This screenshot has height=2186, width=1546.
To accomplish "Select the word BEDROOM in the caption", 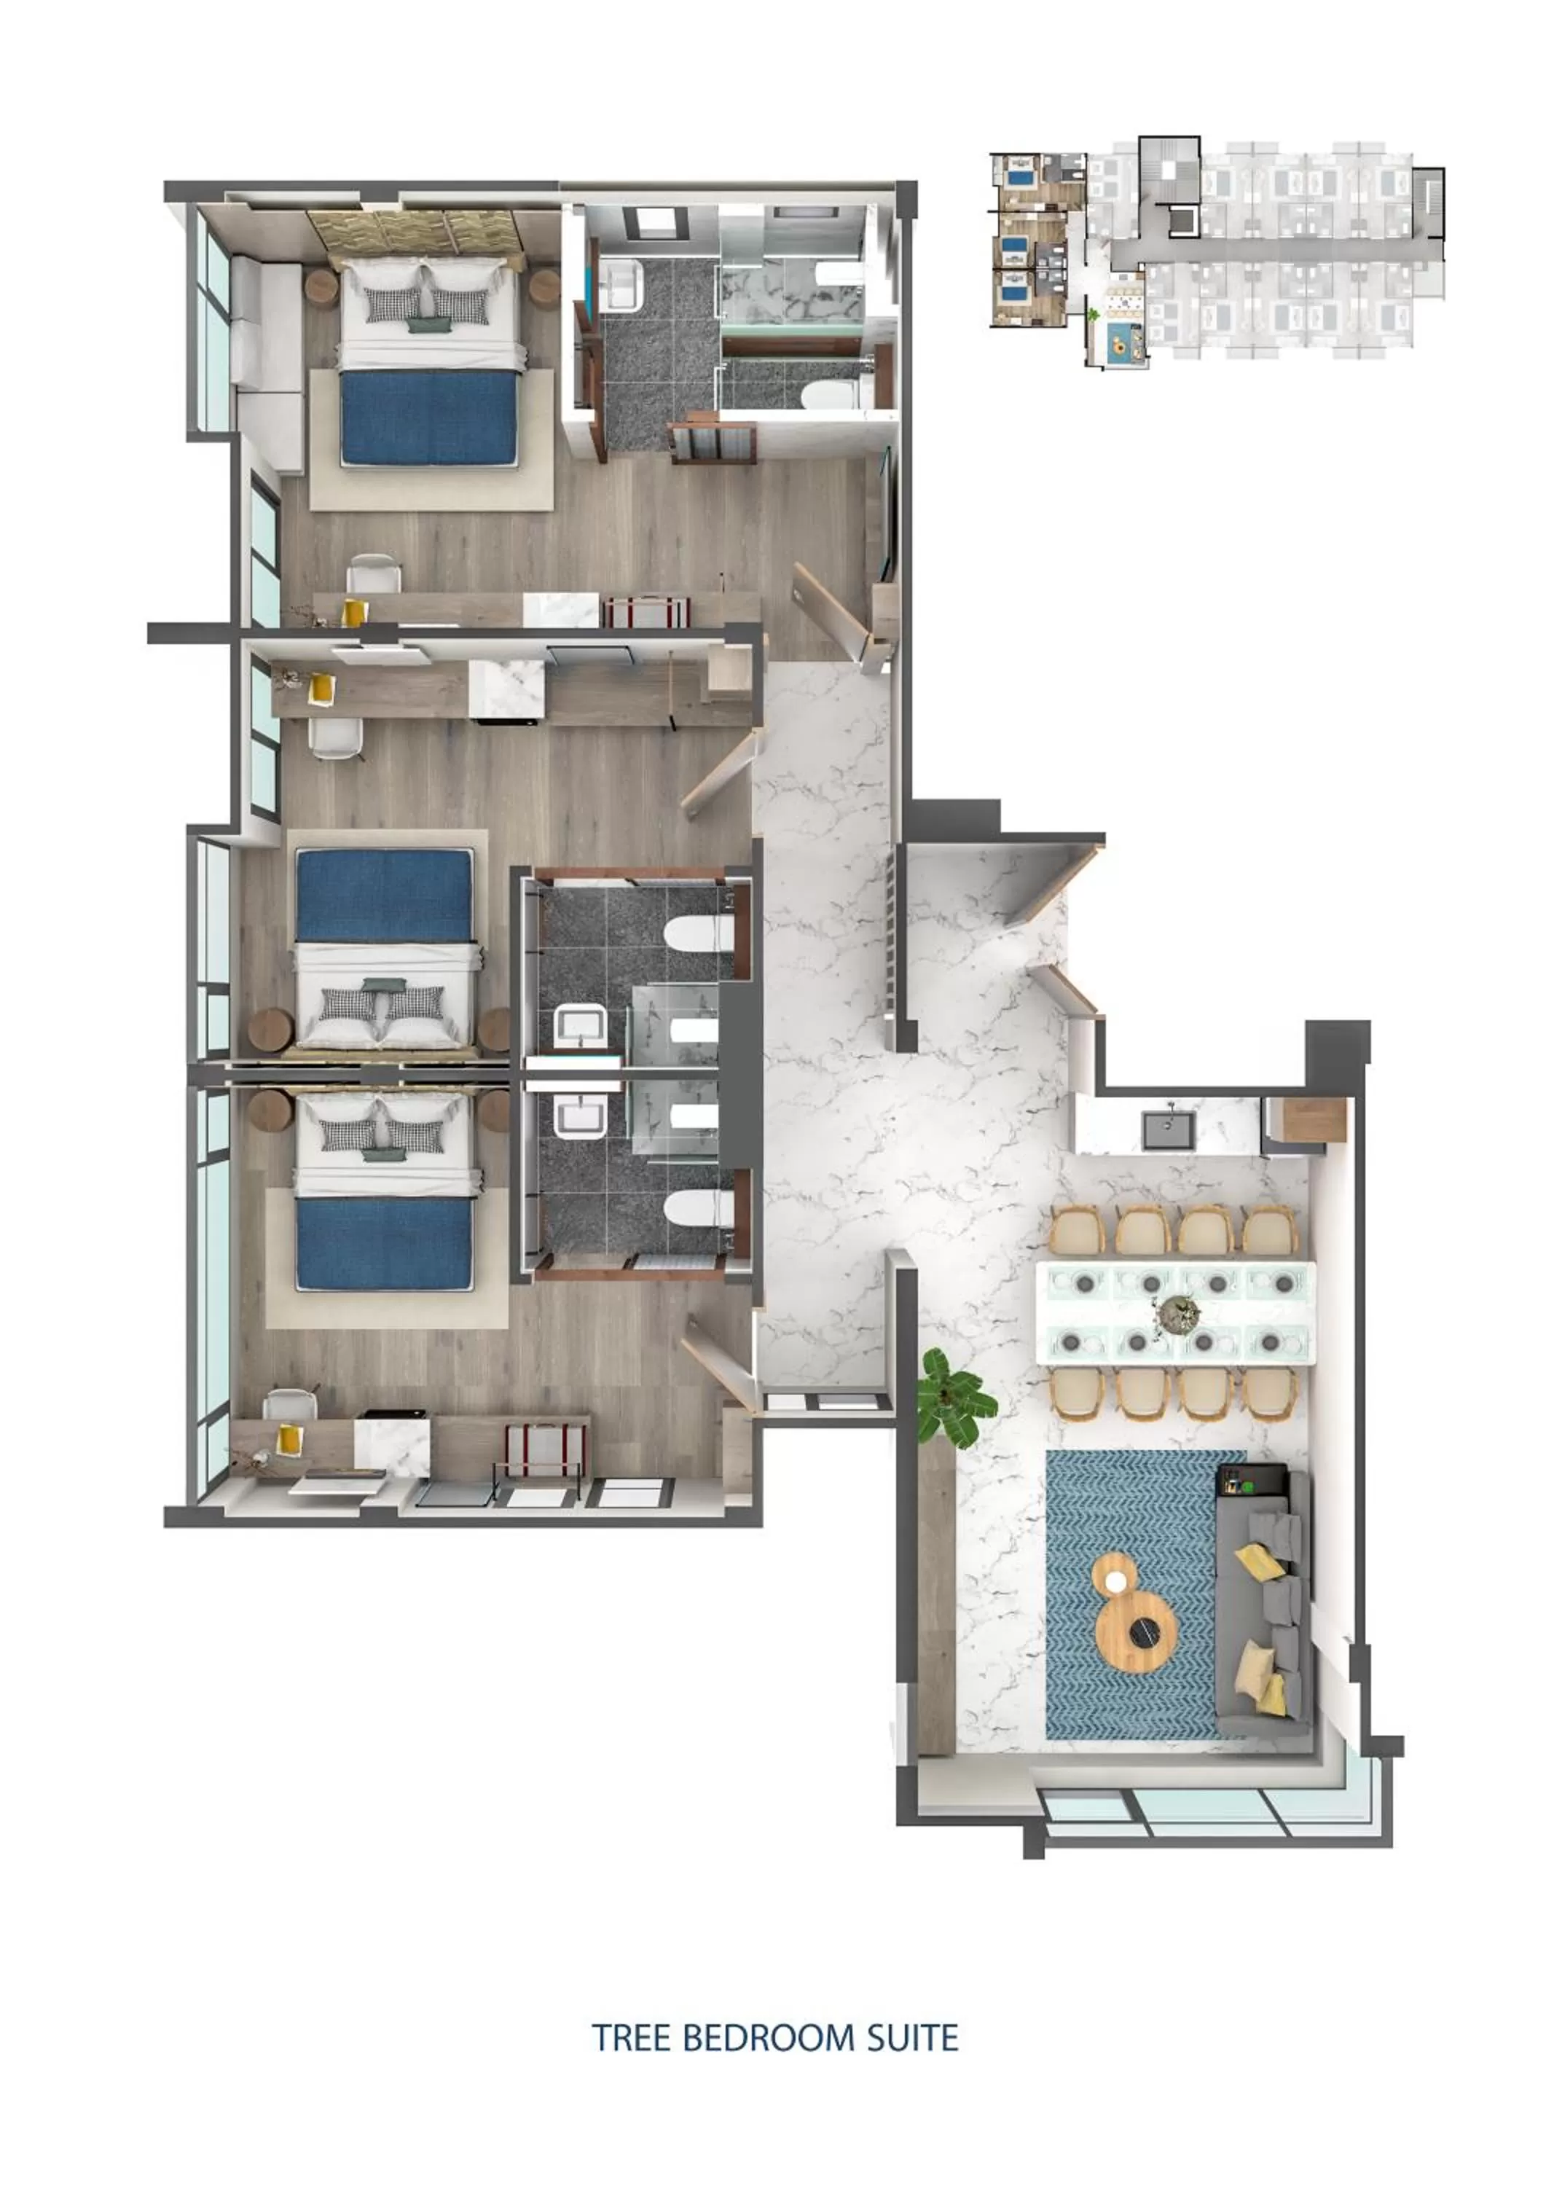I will click(769, 2038).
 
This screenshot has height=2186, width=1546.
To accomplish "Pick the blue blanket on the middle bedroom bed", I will click(385, 894).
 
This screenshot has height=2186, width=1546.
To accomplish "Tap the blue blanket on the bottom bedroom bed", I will click(385, 1242).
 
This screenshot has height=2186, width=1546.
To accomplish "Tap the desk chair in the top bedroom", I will click(373, 574).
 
